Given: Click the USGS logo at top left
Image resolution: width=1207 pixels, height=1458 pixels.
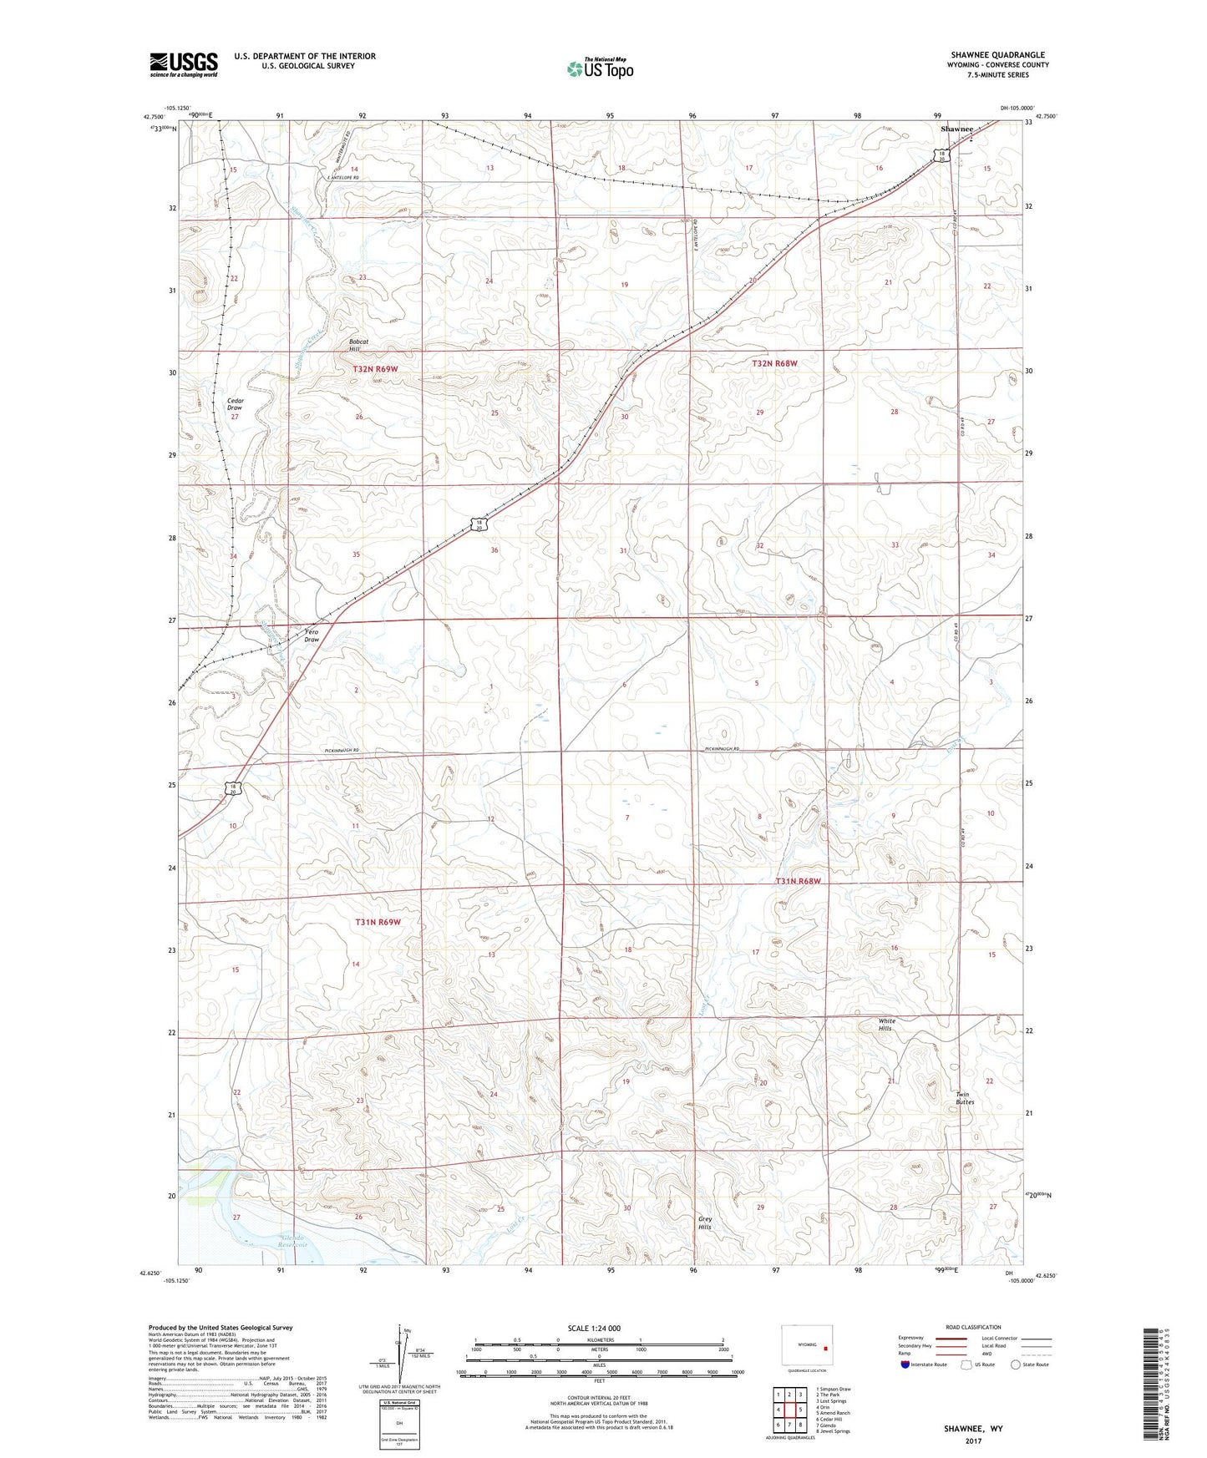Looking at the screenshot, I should tap(183, 63).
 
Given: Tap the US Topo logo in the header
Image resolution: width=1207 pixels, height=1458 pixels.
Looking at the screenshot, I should tap(600, 68).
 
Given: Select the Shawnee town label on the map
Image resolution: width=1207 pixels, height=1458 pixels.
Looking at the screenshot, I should tap(956, 129).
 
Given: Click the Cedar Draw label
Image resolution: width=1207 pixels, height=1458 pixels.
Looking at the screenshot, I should tap(235, 404).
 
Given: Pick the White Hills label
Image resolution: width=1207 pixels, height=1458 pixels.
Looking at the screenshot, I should tap(886, 1025).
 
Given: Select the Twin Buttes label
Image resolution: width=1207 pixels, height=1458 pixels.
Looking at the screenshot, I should tap(965, 1098).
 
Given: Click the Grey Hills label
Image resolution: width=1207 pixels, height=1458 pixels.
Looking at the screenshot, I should tap(705, 1223).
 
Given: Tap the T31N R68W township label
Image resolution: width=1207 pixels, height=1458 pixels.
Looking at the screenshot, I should tap(798, 881).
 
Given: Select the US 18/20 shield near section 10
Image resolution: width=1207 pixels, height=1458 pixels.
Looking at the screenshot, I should tap(236, 788).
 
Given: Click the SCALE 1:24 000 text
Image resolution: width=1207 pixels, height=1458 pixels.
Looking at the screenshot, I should tap(594, 1328).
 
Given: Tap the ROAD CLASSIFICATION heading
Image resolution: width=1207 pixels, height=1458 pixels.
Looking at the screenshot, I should tap(973, 1327).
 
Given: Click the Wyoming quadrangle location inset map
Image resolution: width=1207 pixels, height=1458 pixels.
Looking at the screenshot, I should tap(806, 1345).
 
